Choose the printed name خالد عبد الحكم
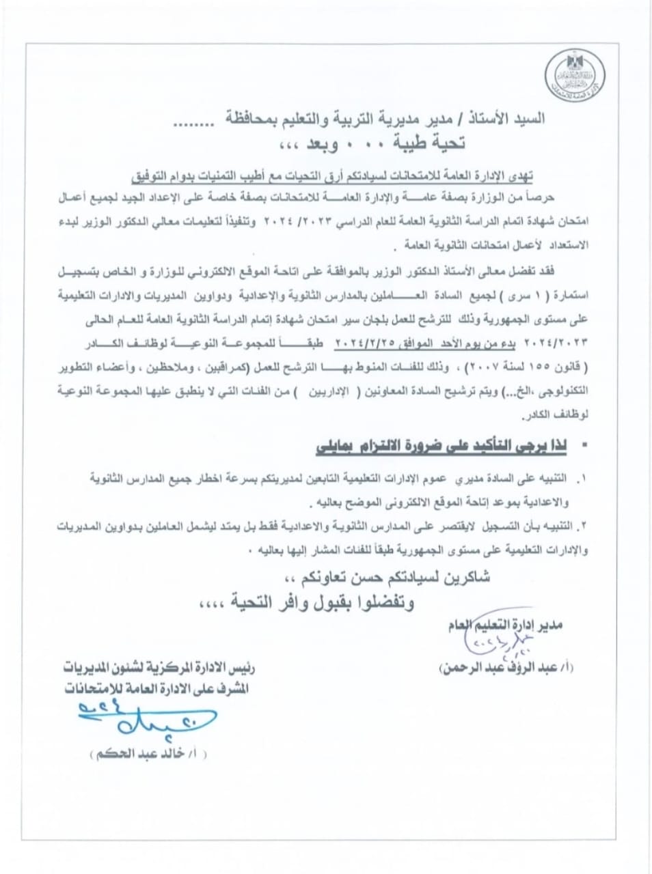pyautogui.click(x=147, y=755)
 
